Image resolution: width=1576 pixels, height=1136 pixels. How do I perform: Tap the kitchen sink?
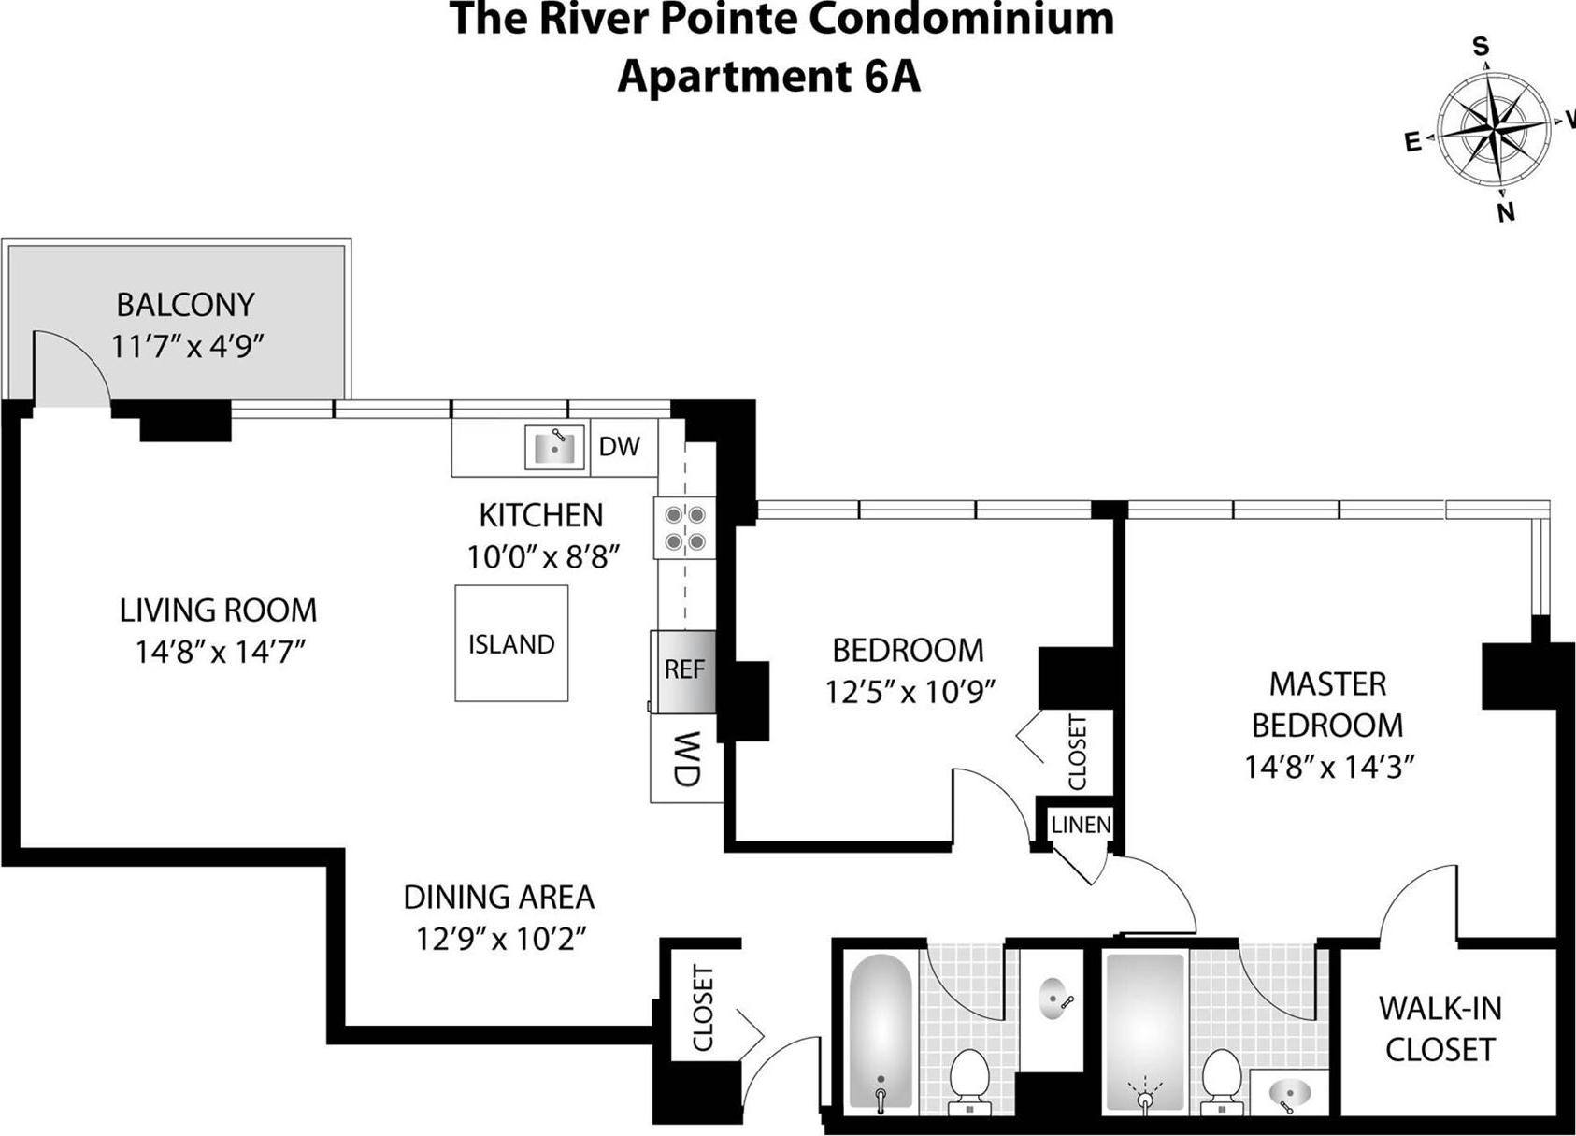coord(554,447)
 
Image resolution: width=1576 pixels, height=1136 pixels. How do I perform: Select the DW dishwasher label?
coord(619,447)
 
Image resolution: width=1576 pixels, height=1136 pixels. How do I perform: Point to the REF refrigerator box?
coord(684,670)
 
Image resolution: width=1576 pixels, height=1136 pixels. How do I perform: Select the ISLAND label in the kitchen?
coord(511,644)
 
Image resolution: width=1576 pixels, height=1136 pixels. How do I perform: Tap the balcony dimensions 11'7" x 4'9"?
coord(187,347)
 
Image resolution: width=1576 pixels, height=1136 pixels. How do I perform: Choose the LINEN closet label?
coord(1081,825)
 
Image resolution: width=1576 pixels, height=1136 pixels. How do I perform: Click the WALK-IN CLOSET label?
coord(1440,1028)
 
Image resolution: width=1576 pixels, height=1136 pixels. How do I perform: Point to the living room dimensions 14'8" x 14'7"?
coord(220,652)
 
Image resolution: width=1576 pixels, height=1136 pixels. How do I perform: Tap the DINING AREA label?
coord(498,898)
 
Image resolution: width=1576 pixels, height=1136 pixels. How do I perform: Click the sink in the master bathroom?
coord(1291,1091)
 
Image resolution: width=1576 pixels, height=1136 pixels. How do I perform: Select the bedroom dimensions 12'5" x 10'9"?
coord(909,692)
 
